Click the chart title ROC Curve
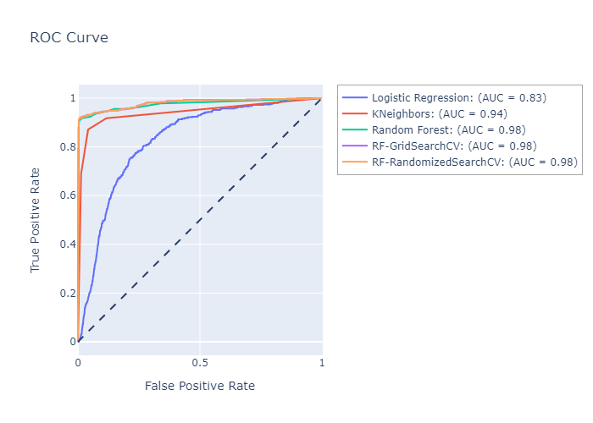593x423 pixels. pos(69,37)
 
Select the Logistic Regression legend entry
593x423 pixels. pos(458,97)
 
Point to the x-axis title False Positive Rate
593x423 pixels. pos(200,386)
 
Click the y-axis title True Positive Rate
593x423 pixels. pos(36,220)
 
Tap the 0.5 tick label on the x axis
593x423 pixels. pos(200,361)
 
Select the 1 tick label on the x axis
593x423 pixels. pos(322,361)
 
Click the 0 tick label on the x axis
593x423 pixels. pos(79,361)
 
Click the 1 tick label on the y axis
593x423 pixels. pos(70,98)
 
